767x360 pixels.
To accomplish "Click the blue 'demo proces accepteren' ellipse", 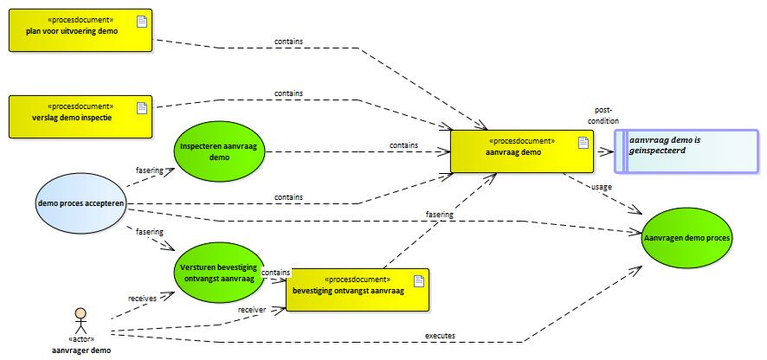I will pyautogui.click(x=81, y=203).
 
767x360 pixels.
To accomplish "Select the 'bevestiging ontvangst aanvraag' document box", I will pyautogui.click(x=357, y=289).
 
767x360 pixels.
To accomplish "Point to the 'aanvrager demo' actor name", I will pyautogui.click(x=81, y=349).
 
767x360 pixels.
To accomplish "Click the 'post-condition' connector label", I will pyautogui.click(x=605, y=115).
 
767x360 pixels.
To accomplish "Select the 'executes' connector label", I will pyautogui.click(x=440, y=335).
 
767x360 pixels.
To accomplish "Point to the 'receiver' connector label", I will pyautogui.click(x=252, y=309).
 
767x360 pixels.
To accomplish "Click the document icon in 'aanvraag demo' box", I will pyautogui.click(x=583, y=143).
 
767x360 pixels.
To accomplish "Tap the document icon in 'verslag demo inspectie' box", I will pyautogui.click(x=142, y=107).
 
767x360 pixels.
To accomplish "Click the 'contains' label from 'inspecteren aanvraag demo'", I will pyautogui.click(x=403, y=145).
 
